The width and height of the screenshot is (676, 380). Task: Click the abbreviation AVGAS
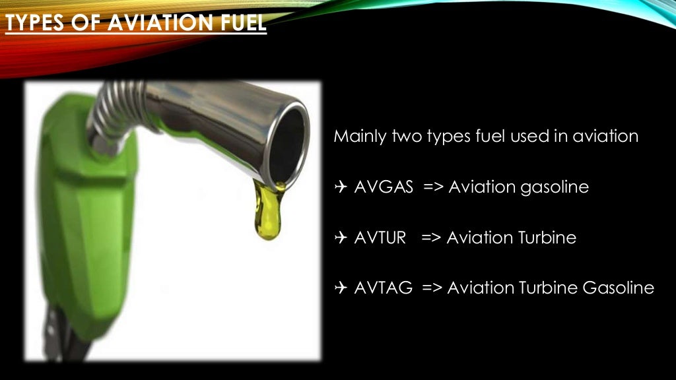(384, 187)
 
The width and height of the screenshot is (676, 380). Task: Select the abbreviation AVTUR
(380, 237)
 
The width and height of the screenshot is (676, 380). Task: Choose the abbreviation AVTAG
(384, 288)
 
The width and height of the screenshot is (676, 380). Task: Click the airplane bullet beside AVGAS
(341, 187)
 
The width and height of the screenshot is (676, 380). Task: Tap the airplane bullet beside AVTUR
(341, 237)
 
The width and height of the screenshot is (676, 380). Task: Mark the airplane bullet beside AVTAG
(341, 288)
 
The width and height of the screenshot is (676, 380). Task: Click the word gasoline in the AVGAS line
(553, 188)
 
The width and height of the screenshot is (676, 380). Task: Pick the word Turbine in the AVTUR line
(545, 237)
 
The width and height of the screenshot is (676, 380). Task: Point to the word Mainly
(359, 137)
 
